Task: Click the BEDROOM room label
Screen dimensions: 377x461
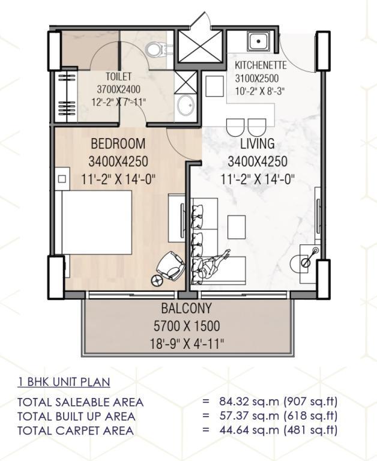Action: tap(118, 143)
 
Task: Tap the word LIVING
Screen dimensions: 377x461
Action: tap(258, 143)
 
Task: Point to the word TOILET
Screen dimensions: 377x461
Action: tap(118, 76)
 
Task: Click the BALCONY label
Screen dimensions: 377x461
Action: tap(187, 308)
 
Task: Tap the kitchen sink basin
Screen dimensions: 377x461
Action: tap(258, 41)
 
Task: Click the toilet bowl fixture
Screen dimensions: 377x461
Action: tap(156, 50)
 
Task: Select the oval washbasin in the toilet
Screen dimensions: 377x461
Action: tap(186, 105)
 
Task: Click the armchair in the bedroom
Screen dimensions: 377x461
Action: tap(170, 266)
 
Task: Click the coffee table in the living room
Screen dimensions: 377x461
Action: tap(237, 227)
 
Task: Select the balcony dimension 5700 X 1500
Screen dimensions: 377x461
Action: tap(187, 326)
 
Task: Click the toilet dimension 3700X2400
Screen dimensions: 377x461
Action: tap(118, 89)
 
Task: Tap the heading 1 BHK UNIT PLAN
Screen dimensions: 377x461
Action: tap(64, 382)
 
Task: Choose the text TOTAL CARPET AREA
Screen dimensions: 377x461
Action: tap(76, 430)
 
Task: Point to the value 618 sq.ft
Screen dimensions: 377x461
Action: tap(310, 416)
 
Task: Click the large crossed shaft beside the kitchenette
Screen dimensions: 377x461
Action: tap(200, 46)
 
